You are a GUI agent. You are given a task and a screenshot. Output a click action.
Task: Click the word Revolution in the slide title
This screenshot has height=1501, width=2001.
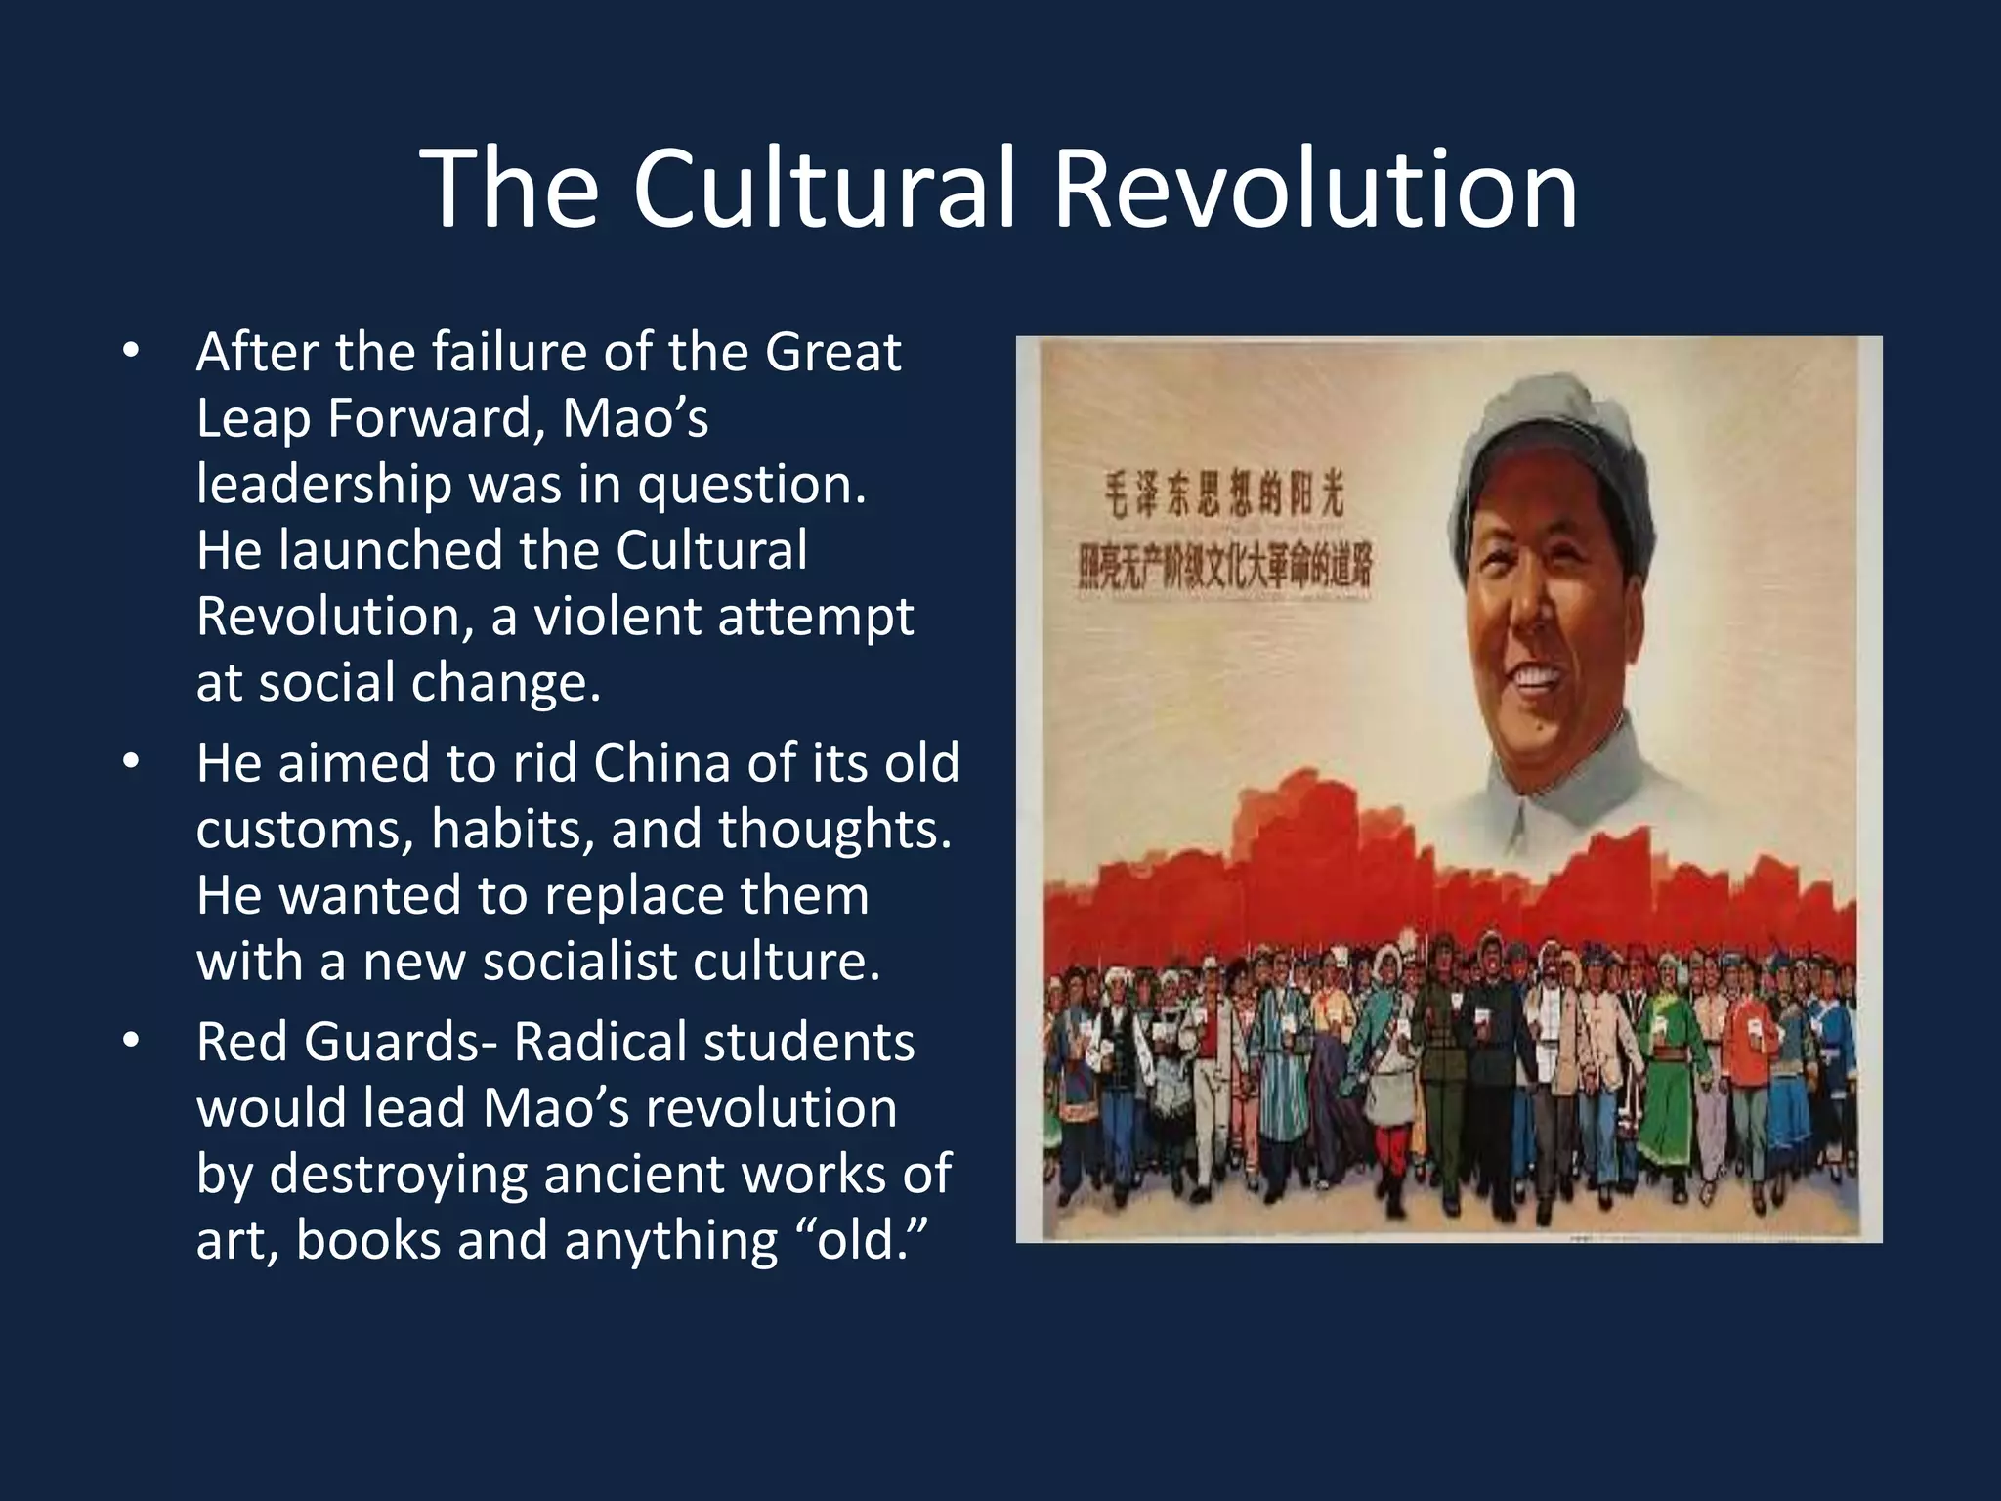click(1314, 188)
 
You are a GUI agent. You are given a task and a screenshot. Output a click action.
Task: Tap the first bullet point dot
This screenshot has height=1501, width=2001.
click(131, 351)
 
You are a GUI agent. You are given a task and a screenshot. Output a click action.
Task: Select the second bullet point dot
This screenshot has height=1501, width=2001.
click(131, 762)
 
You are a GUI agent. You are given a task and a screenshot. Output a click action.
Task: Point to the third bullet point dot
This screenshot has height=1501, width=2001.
click(131, 1042)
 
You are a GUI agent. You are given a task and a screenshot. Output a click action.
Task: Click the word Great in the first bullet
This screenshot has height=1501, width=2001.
click(832, 352)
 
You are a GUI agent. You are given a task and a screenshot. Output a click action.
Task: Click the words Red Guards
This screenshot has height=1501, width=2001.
click(337, 1043)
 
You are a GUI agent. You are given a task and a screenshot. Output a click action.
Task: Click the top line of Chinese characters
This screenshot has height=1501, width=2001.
click(1223, 493)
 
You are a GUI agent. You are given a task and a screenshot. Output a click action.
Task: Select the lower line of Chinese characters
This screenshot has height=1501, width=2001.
click(1225, 567)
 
